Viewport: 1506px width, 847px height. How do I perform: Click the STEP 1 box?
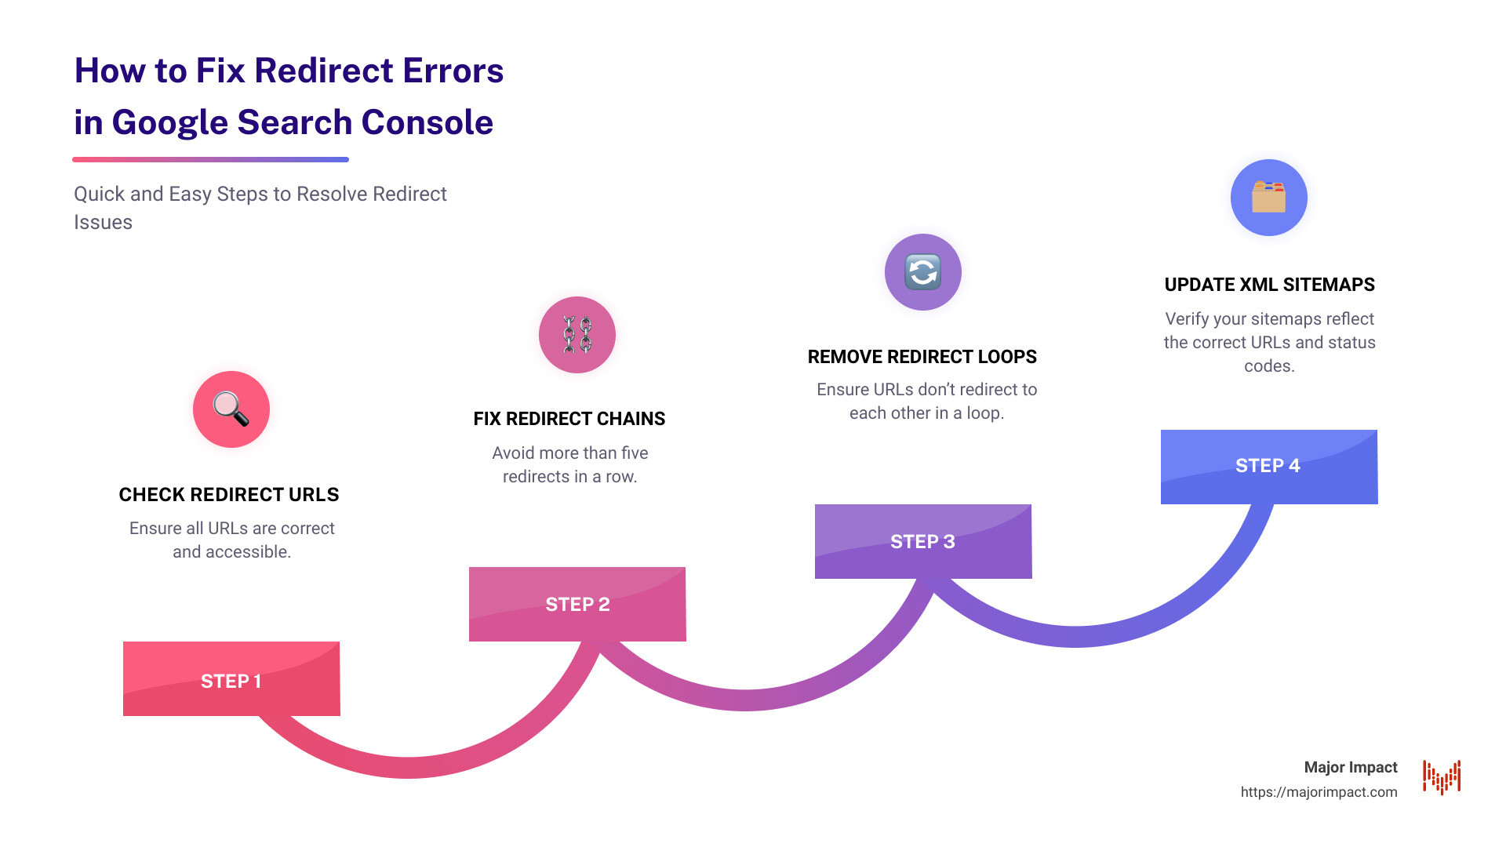[x=231, y=679]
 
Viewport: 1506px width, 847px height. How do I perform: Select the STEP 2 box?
[x=577, y=604]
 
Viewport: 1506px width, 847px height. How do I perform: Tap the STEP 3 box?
[x=923, y=541]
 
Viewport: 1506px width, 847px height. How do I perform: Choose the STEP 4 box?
[x=1268, y=467]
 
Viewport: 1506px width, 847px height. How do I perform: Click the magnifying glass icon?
[x=231, y=409]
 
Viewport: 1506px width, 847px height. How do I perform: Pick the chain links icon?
[x=577, y=335]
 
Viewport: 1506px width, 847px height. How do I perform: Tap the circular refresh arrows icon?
[x=923, y=272]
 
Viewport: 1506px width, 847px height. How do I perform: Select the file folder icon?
[x=1268, y=198]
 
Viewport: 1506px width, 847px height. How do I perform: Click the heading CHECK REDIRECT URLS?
[x=229, y=495]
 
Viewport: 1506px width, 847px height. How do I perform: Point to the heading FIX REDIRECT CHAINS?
[x=569, y=419]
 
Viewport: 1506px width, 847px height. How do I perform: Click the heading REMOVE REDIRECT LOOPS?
[x=922, y=357]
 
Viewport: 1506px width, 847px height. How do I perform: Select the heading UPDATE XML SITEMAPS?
[x=1269, y=285]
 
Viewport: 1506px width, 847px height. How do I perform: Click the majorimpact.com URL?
[x=1319, y=792]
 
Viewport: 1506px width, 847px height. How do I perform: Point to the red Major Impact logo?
[x=1442, y=777]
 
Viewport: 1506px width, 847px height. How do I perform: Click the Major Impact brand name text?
[x=1351, y=767]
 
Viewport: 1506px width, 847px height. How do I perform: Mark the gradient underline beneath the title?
[x=210, y=159]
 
